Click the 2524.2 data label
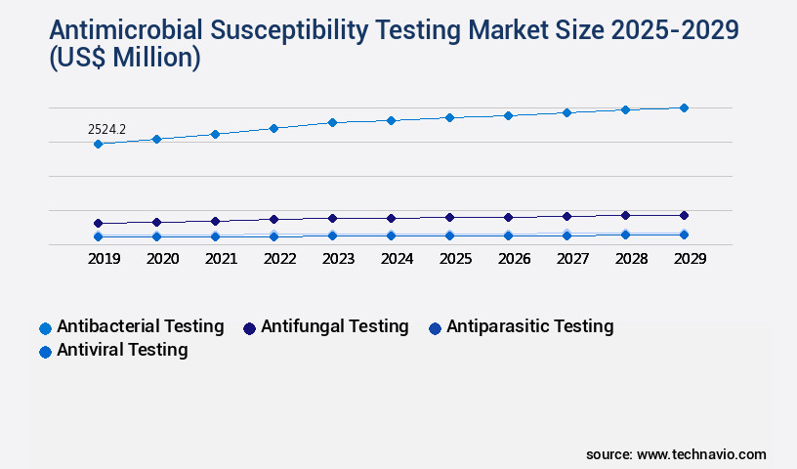tap(106, 129)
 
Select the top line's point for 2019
tap(98, 145)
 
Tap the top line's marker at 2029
tap(684, 107)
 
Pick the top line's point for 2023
tap(332, 122)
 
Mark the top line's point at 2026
tap(508, 115)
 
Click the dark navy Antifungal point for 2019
tap(98, 224)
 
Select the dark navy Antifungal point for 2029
tap(684, 215)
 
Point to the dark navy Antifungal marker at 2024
tap(391, 218)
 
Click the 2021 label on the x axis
tap(221, 259)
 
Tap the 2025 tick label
tap(455, 259)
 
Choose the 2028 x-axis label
tap(631, 259)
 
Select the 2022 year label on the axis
tap(279, 259)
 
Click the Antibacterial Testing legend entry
tap(140, 326)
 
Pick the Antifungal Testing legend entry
tap(334, 326)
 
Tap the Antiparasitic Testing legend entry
tap(529, 326)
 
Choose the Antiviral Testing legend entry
tap(122, 349)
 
